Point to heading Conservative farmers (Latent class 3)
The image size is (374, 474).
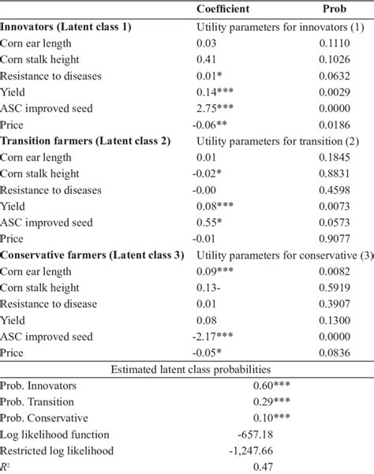[90, 254]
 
